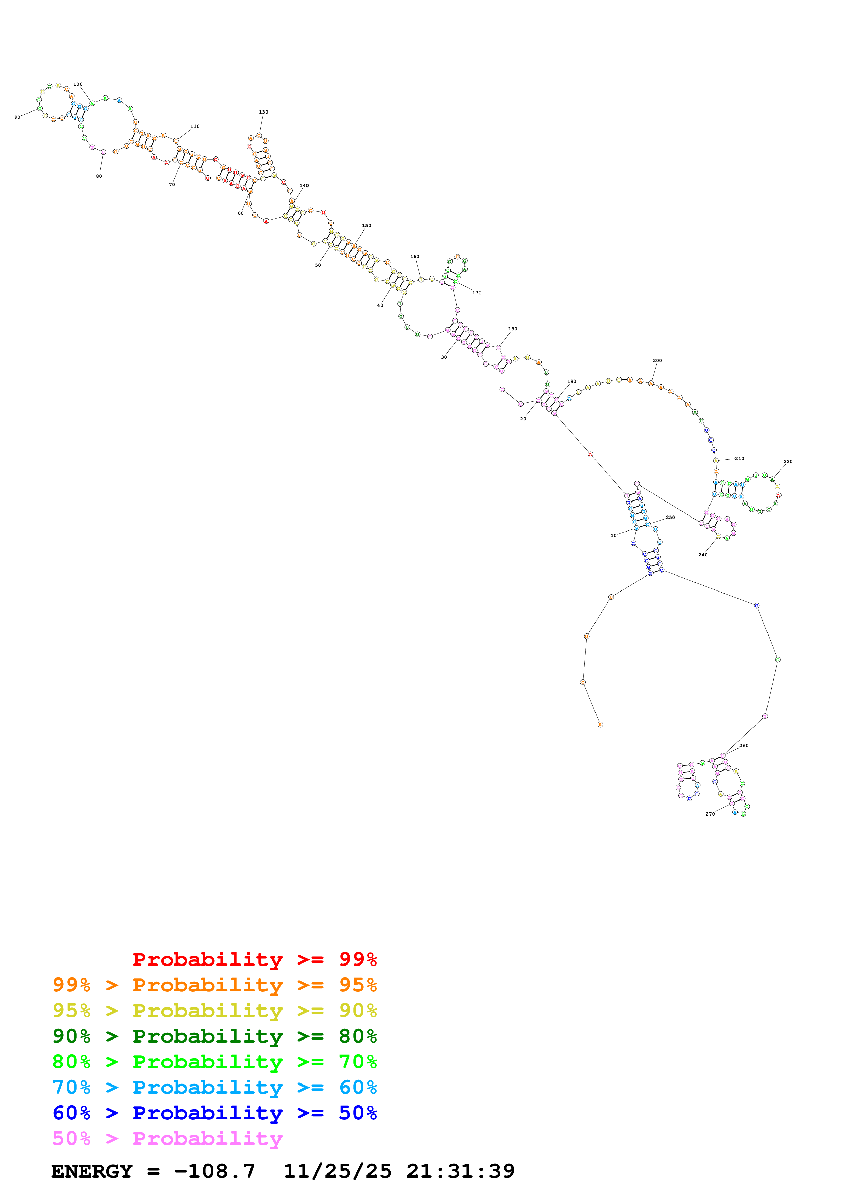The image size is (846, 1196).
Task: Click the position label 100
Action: pos(78,84)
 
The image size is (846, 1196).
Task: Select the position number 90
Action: pos(17,117)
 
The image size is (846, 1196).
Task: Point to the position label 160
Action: pos(414,257)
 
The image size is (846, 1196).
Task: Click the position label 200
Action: pos(657,360)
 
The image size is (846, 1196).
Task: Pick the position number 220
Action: pos(788,462)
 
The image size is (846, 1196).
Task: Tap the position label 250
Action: pos(670,517)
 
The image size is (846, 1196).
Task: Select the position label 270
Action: pos(710,814)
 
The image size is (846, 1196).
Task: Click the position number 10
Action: pos(614,536)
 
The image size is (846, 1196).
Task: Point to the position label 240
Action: pos(703,555)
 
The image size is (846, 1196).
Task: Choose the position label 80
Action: pos(99,176)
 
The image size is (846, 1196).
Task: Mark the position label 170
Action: pos(476,293)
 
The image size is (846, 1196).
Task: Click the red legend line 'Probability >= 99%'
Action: pos(254,959)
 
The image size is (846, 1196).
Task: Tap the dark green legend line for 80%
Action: pos(214,1036)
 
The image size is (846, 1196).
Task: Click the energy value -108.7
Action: pos(214,1171)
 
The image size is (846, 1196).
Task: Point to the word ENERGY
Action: pos(92,1171)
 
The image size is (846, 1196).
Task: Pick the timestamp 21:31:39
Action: pos(460,1171)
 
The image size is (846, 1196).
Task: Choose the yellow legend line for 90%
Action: pos(214,1011)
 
